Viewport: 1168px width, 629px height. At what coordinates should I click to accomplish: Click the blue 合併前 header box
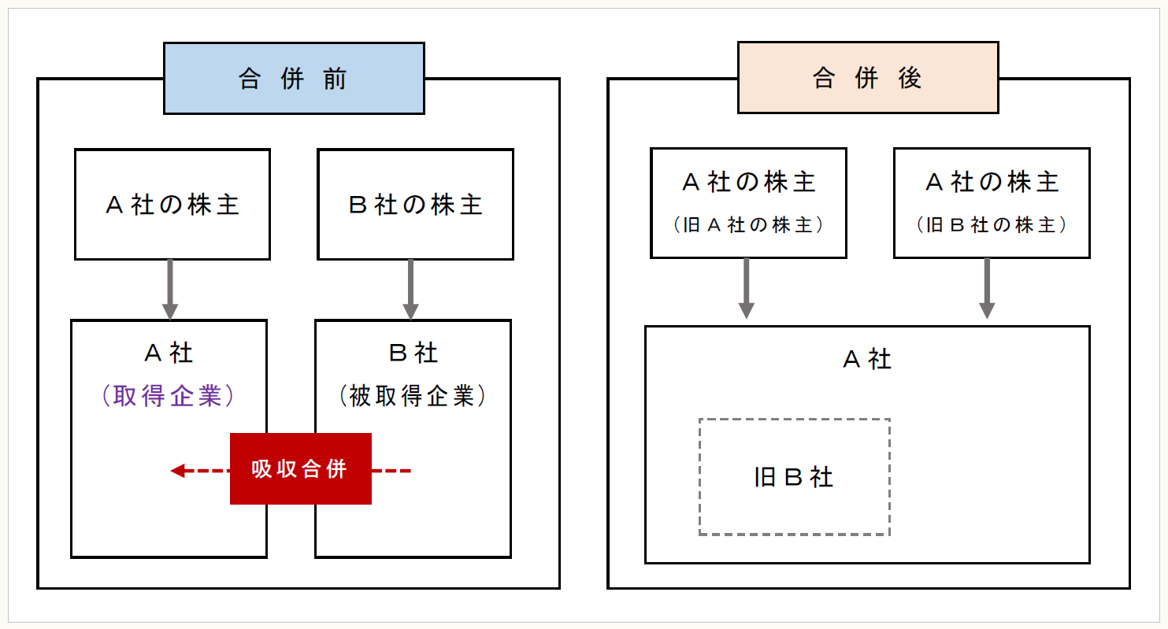click(x=293, y=78)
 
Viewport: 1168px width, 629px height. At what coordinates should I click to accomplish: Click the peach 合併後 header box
click(x=867, y=78)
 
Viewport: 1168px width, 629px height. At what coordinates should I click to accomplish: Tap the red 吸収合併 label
click(x=300, y=469)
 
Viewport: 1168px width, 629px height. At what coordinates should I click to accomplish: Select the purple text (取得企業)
click(x=169, y=396)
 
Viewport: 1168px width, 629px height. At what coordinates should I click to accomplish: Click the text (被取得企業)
click(x=413, y=396)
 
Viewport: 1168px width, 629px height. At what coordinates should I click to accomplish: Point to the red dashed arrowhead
click(x=178, y=471)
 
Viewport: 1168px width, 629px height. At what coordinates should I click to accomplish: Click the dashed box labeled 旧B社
click(x=794, y=477)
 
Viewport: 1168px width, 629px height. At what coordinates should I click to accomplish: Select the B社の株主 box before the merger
click(x=415, y=205)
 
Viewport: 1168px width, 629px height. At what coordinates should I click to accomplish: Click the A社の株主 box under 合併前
click(x=172, y=205)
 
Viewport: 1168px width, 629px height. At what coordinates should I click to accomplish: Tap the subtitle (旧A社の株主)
click(x=748, y=225)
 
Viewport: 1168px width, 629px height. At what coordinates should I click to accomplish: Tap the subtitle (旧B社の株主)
click(x=992, y=225)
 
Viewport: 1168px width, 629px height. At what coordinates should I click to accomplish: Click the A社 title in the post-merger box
click(x=867, y=360)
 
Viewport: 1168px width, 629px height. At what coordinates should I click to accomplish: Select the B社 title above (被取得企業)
click(x=413, y=353)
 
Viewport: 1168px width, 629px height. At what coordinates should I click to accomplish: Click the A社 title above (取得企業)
click(x=169, y=353)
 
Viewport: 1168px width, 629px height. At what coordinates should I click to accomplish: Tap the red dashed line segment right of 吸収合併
click(x=391, y=471)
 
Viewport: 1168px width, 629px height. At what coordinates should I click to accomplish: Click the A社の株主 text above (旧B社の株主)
click(x=992, y=183)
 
